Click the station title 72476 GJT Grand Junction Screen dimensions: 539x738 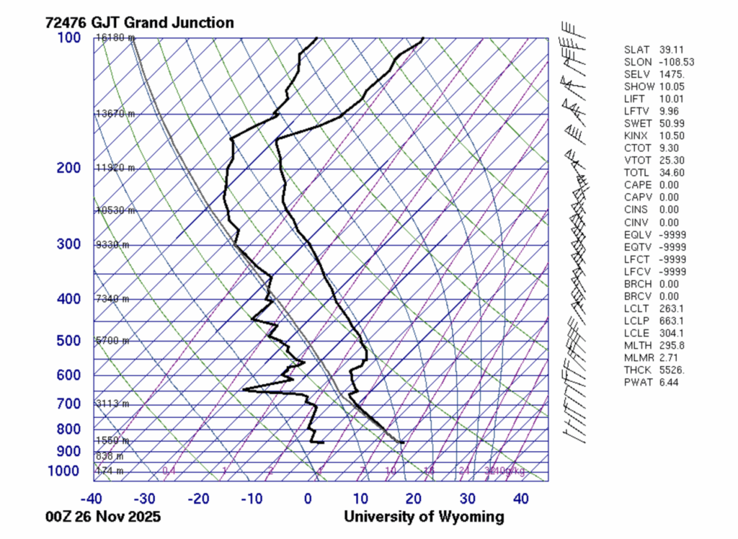pyautogui.click(x=139, y=22)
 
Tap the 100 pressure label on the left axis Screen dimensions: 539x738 pyautogui.click(x=70, y=37)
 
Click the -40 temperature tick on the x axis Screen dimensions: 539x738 pyautogui.click(x=91, y=499)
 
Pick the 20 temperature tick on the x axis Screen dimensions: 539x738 pyautogui.click(x=414, y=499)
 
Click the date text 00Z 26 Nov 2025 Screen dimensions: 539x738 pyautogui.click(x=102, y=517)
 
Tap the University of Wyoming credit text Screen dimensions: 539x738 pyautogui.click(x=424, y=517)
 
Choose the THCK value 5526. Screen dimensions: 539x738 pyautogui.click(x=672, y=370)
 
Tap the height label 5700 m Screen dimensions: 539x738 pyautogui.click(x=112, y=340)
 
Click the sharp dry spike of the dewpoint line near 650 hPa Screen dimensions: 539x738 pyautogui.click(x=245, y=390)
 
